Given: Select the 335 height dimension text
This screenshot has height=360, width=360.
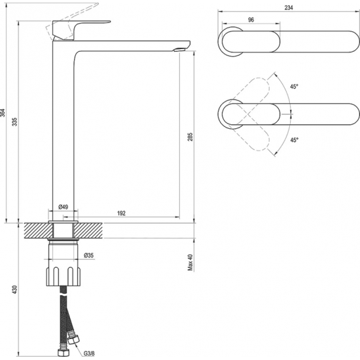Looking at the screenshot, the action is coord(14,122).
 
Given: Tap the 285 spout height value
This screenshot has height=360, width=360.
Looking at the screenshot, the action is coord(190,137).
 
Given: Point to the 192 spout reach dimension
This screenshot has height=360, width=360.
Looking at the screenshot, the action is coord(122,213).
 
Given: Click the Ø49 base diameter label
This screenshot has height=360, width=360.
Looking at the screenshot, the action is coord(63,207).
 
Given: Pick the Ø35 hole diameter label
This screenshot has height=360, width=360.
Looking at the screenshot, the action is coord(88,255).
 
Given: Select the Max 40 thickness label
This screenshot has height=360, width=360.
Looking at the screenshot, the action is coord(190,262).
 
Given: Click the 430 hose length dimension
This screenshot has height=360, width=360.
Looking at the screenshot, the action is coord(14,290).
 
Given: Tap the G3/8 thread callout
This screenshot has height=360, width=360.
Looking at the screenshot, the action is coord(88,353).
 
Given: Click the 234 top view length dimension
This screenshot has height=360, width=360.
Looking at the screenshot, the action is coord(289,8).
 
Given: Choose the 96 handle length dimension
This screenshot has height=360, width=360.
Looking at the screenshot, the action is coord(251,20).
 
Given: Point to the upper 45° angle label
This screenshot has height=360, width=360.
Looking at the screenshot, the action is coord(294,86).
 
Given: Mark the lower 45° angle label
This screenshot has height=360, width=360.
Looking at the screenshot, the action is coord(294,140).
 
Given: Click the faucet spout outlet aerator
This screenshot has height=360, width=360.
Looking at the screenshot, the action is coord(180,50).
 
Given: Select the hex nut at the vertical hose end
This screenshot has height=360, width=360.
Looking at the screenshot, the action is coord(62,353).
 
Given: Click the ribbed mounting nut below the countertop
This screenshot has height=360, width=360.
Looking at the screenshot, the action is coord(64,276).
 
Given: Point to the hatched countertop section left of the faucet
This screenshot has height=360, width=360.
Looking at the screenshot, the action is coord(39,230).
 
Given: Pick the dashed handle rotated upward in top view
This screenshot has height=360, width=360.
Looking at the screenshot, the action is coord(250,101).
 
